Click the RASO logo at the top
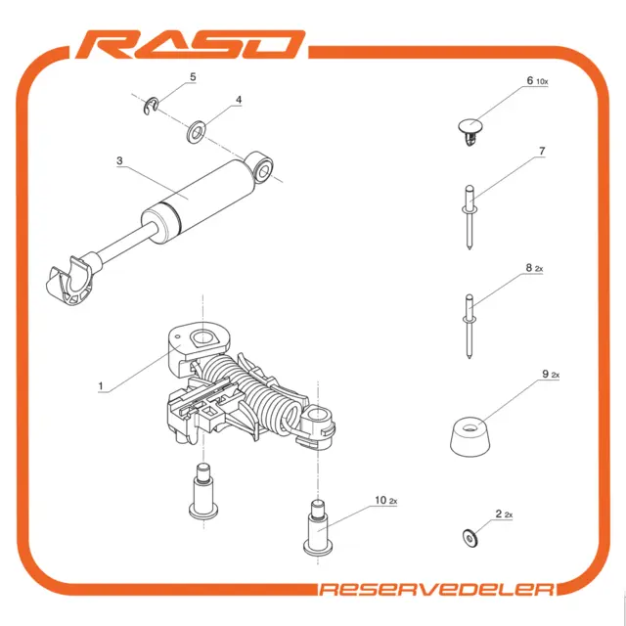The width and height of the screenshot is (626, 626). click(x=190, y=44)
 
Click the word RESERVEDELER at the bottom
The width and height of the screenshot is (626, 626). click(x=437, y=589)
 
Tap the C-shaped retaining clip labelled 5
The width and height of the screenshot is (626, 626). click(x=152, y=106)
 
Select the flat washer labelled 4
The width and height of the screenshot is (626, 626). click(x=196, y=131)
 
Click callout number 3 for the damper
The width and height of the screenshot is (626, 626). click(x=119, y=160)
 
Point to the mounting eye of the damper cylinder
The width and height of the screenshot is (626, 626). click(x=261, y=167)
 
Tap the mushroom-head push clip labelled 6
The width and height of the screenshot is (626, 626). click(x=470, y=131)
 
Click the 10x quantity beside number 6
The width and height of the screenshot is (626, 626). click(x=542, y=82)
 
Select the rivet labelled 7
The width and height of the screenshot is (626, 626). click(x=469, y=217)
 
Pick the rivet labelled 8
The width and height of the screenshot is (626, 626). click(x=469, y=326)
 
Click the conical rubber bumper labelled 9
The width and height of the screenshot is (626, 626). click(x=469, y=437)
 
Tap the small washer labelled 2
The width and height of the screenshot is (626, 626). click(x=469, y=538)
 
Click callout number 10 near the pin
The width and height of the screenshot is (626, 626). click(x=380, y=500)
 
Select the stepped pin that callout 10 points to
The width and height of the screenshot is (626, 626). click(x=318, y=527)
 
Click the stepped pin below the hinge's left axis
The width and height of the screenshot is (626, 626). click(x=203, y=490)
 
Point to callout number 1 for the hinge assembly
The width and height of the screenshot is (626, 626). click(x=101, y=386)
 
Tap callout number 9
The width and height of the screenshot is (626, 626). click(x=546, y=374)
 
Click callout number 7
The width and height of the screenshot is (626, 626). click(x=542, y=152)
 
